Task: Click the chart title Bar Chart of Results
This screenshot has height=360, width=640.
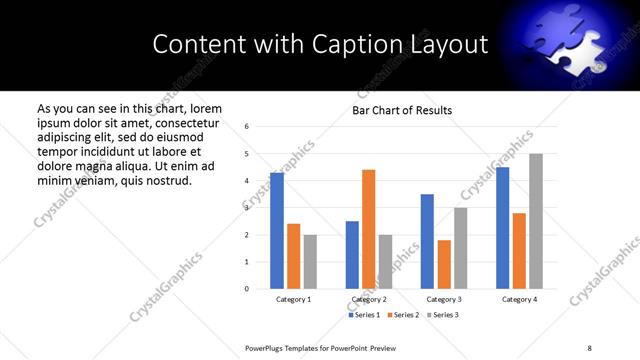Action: pos(402,110)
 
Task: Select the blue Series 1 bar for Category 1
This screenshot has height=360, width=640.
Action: pos(277,231)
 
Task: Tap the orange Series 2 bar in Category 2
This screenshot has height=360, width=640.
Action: pos(368,229)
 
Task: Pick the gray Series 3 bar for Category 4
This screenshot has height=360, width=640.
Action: pos(535,221)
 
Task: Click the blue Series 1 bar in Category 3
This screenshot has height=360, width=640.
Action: pos(427,241)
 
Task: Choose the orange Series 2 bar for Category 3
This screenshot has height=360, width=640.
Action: pos(444,264)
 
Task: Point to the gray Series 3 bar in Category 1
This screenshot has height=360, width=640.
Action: pos(310,262)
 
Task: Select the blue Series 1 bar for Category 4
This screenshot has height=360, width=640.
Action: pos(502,228)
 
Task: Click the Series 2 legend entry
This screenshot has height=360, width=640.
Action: pos(405,315)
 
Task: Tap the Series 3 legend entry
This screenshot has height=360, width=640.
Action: pos(442,315)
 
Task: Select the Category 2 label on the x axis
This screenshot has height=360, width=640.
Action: pos(369,299)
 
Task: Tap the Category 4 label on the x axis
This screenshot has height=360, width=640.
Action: pos(519,299)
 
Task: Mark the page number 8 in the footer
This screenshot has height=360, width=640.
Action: pos(589,346)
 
